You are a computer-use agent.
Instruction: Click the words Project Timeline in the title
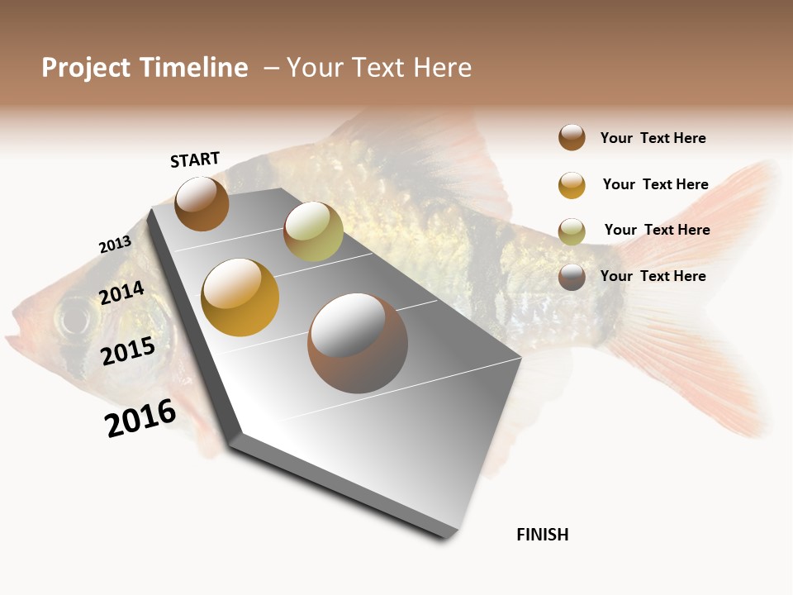coord(145,68)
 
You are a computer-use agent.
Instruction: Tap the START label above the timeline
coord(195,159)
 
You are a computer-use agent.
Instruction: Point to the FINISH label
coord(542,535)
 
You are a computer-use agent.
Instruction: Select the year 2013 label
coord(115,245)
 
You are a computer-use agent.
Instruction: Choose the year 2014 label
coord(121,293)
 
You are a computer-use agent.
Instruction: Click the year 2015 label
coord(128,350)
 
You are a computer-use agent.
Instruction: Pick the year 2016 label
coord(140,417)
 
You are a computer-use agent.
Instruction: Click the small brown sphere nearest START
coord(202,203)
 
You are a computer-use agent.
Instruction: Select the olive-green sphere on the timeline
coord(313,231)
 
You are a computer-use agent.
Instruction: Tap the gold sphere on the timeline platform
coord(240,297)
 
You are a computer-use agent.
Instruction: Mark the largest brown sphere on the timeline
coord(358,343)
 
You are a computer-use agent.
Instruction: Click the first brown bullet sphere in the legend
coord(572,137)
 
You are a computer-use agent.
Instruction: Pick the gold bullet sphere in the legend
coord(572,185)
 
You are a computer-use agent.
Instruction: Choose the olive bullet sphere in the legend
coord(572,231)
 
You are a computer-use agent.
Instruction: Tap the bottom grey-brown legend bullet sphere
coord(572,277)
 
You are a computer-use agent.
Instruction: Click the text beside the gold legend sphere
coord(655,184)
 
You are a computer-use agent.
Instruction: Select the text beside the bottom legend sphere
coord(653,276)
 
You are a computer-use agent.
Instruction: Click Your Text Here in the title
coord(379,68)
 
